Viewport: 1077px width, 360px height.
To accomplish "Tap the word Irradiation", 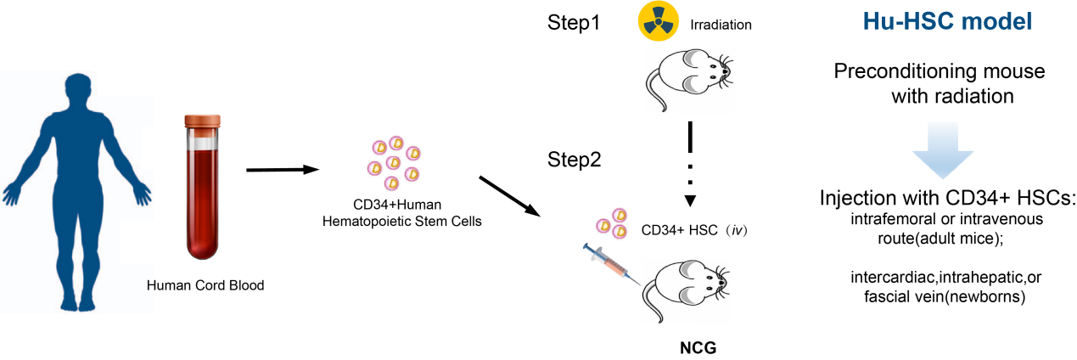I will tap(721, 25).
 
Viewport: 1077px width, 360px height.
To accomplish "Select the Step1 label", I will tap(573, 24).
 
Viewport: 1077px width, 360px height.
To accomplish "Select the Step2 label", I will tap(573, 159).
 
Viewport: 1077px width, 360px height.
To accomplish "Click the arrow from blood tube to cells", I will tap(281, 170).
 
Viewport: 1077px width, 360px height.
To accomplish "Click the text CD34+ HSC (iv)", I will tap(693, 229).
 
